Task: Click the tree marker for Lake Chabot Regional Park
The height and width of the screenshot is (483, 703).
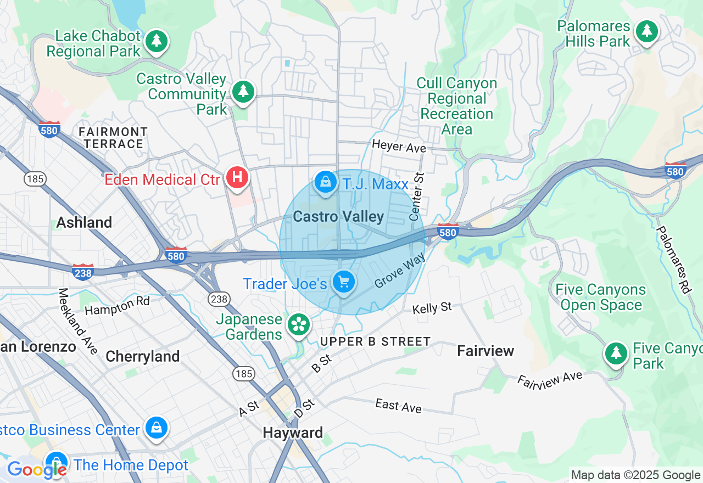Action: point(157,41)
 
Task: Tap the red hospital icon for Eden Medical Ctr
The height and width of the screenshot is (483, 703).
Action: point(237,178)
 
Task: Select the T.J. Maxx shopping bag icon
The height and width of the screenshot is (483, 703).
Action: point(326,182)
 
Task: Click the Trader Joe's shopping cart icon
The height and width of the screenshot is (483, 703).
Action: point(344,282)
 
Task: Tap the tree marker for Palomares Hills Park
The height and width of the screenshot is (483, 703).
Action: point(647,31)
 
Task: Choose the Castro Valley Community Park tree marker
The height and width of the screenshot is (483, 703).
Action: point(243,91)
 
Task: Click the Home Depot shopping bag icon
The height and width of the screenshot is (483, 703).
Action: point(56,463)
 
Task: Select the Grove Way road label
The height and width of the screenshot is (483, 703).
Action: point(400,269)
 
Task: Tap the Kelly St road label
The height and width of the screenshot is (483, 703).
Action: point(432,308)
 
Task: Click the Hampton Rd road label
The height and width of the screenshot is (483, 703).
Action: point(117,306)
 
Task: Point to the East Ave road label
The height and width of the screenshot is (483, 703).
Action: point(398,406)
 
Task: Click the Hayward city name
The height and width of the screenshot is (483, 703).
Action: point(293,433)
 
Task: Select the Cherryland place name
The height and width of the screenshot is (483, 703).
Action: point(142,357)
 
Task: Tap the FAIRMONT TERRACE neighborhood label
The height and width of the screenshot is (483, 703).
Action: point(113,138)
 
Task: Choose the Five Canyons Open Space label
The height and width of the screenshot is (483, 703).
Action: point(601,297)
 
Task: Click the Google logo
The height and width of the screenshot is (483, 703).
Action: point(37,469)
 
